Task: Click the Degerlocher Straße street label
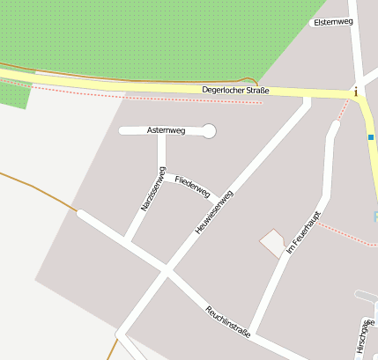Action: point(234,90)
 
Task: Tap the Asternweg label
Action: point(166,131)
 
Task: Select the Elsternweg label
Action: point(333,22)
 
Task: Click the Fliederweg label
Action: point(192,186)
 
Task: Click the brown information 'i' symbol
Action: point(356,92)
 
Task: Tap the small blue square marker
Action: point(371,137)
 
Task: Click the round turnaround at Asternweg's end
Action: point(209,131)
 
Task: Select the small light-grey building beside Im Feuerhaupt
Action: point(272,241)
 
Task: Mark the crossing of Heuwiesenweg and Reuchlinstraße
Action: point(166,269)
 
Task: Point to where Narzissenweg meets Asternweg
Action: point(161,132)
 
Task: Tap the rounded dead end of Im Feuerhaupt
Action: point(333,126)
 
